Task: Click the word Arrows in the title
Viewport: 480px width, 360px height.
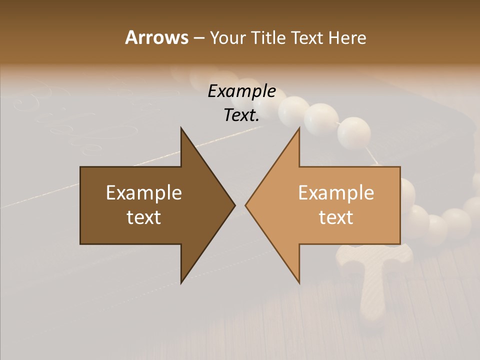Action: coord(156,37)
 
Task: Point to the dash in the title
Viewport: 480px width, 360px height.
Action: coord(198,38)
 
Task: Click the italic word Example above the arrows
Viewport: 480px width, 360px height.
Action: coord(241,91)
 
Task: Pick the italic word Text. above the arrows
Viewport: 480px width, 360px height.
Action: coord(241,115)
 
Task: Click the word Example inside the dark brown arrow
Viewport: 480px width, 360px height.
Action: coord(144,193)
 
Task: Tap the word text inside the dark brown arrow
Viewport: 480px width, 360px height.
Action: coord(144,217)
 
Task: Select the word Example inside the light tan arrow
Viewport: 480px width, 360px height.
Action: coord(336,193)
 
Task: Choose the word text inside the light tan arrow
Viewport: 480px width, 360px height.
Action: coord(336,217)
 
